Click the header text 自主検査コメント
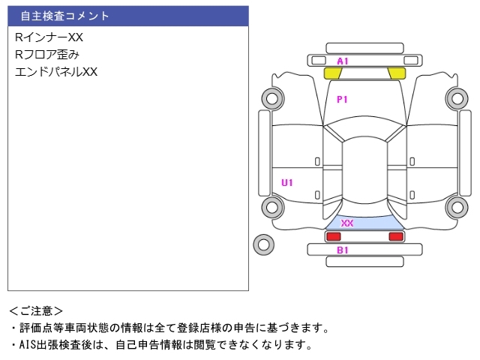click(64, 16)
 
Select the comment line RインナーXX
click(49, 37)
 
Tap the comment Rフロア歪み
click(46, 54)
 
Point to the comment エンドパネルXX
click(56, 72)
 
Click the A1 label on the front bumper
click(343, 61)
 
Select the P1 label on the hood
click(342, 99)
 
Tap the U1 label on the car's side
click(287, 182)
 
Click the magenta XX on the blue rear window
click(347, 223)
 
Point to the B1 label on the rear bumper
click(343, 250)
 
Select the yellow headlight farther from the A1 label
click(397, 73)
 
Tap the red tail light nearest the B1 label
click(333, 236)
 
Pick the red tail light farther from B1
click(395, 236)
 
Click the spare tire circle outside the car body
click(263, 244)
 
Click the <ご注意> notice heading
click(37, 310)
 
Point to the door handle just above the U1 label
click(317, 160)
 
